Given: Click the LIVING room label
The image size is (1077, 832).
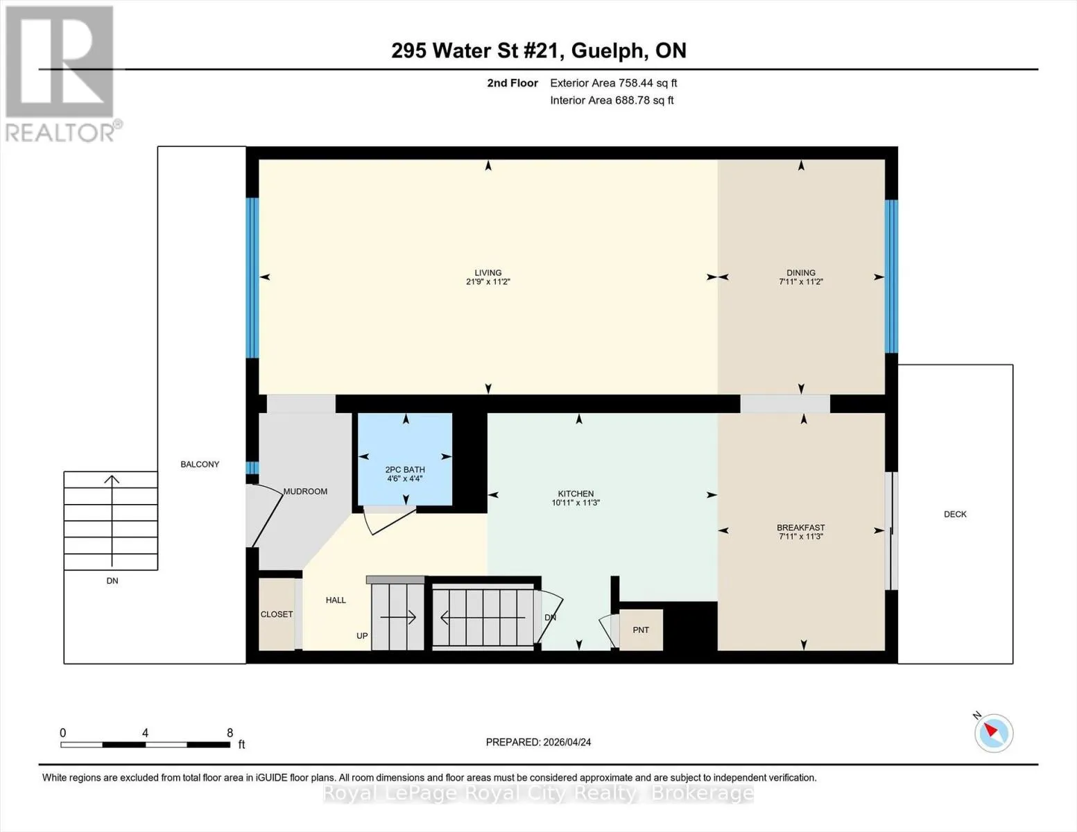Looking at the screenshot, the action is click(488, 272).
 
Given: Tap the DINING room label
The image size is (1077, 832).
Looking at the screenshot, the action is click(801, 272).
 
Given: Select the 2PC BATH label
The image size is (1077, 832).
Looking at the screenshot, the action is click(405, 469).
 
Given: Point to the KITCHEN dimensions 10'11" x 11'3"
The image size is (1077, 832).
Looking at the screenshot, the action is click(576, 503).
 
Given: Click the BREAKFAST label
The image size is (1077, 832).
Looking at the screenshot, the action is click(801, 528).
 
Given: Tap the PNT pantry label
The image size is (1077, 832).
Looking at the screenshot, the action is click(641, 630).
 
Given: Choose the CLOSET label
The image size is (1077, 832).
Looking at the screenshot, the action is click(277, 614).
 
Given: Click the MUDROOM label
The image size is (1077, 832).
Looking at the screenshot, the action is click(305, 491).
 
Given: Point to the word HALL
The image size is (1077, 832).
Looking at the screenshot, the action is click(336, 600).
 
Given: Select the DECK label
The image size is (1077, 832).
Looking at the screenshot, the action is click(955, 514).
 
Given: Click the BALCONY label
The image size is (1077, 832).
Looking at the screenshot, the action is click(200, 465).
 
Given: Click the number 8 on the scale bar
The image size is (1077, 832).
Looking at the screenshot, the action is click(230, 733).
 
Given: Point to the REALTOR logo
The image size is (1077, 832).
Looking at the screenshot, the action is click(62, 74).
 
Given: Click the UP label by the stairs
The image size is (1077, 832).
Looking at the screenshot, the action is click(362, 636).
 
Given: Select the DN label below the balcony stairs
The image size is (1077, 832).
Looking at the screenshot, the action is click(112, 581).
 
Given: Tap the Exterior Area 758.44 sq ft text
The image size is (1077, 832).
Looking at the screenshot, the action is click(614, 83).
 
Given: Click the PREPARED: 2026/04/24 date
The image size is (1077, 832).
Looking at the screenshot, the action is click(538, 743).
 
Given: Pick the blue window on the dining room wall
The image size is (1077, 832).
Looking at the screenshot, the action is click(891, 276).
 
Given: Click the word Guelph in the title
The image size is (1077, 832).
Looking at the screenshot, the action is click(609, 51).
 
